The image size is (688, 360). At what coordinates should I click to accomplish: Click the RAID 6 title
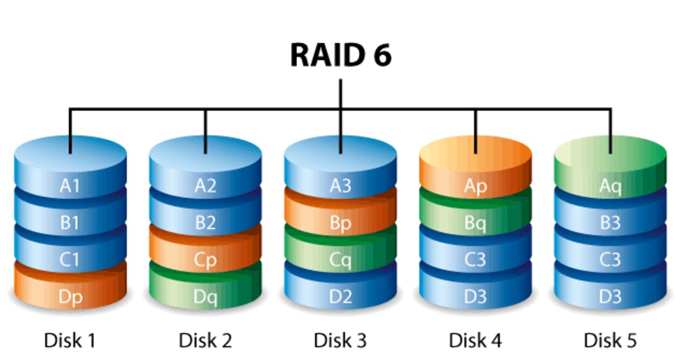(x=341, y=55)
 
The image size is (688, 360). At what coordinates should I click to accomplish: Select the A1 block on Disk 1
(x=70, y=186)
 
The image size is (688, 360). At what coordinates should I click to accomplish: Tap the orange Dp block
(x=70, y=297)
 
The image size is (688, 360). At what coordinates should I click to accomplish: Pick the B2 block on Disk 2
(x=205, y=223)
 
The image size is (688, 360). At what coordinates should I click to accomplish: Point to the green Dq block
(x=205, y=297)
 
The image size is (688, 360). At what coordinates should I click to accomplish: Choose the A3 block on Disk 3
(x=341, y=186)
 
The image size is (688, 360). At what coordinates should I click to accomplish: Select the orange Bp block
(x=341, y=223)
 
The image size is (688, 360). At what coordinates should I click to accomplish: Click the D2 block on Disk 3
(x=341, y=297)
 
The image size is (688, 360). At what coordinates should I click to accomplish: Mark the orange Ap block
(x=475, y=186)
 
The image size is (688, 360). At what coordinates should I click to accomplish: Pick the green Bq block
(x=475, y=223)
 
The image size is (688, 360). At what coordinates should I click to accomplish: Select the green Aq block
(x=610, y=186)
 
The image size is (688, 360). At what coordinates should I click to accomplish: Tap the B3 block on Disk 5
(x=610, y=223)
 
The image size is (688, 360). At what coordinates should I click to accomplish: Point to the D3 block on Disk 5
(x=610, y=297)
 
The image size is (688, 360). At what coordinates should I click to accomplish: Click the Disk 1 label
(x=70, y=340)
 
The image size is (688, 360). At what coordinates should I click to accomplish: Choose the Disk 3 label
(x=340, y=340)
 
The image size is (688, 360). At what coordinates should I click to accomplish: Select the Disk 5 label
(x=610, y=340)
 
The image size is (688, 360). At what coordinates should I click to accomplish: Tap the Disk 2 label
(x=205, y=340)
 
